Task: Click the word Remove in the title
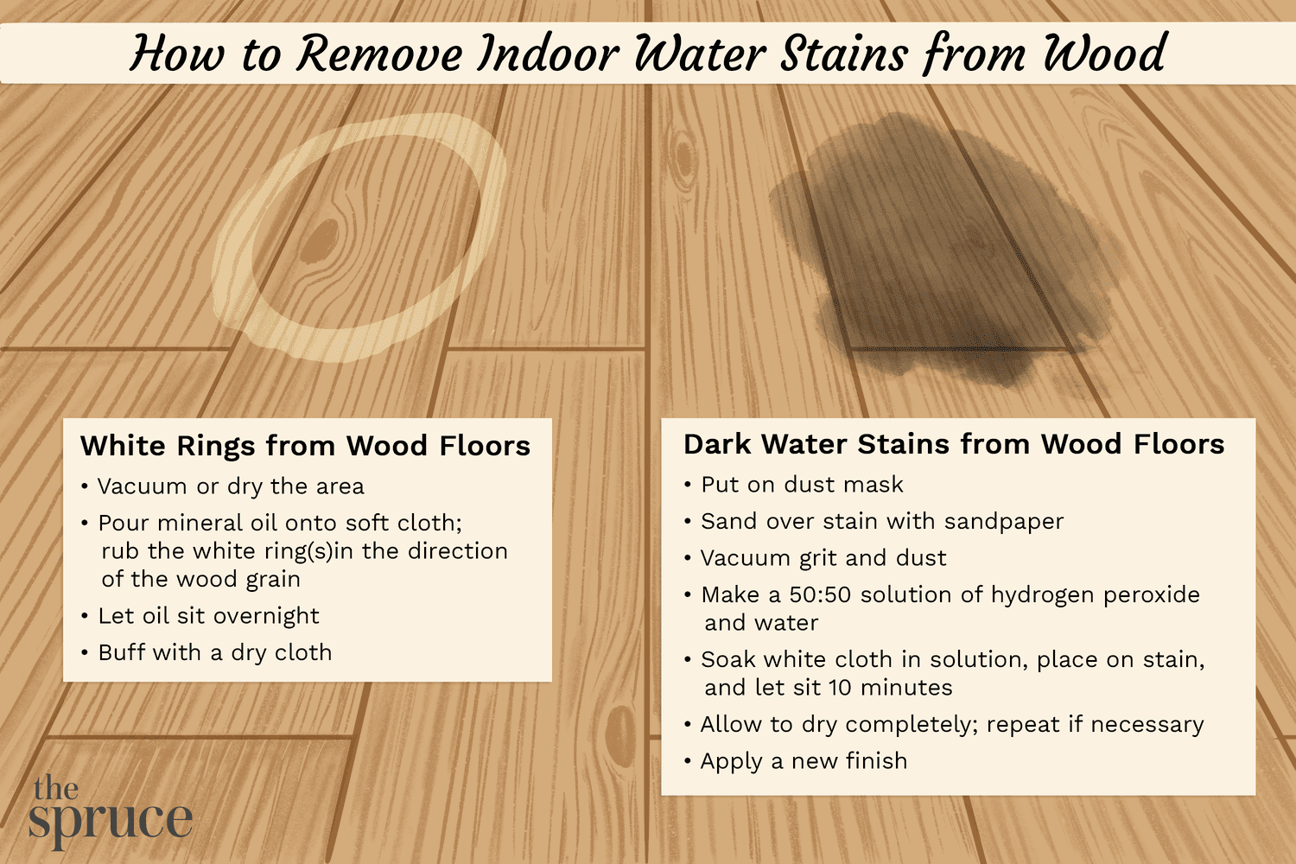point(378,54)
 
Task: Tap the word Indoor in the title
point(549,54)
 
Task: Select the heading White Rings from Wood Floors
point(305,446)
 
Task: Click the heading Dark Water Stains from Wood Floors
point(954,444)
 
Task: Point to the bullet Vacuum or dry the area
point(231,486)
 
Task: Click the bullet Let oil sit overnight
point(208,616)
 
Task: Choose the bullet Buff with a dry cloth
point(215,652)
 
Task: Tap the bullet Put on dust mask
point(802,485)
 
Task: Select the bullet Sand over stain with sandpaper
point(882,521)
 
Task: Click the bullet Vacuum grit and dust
point(823,558)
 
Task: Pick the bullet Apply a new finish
point(804,761)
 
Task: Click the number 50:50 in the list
point(820,594)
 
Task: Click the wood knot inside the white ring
point(321,239)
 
